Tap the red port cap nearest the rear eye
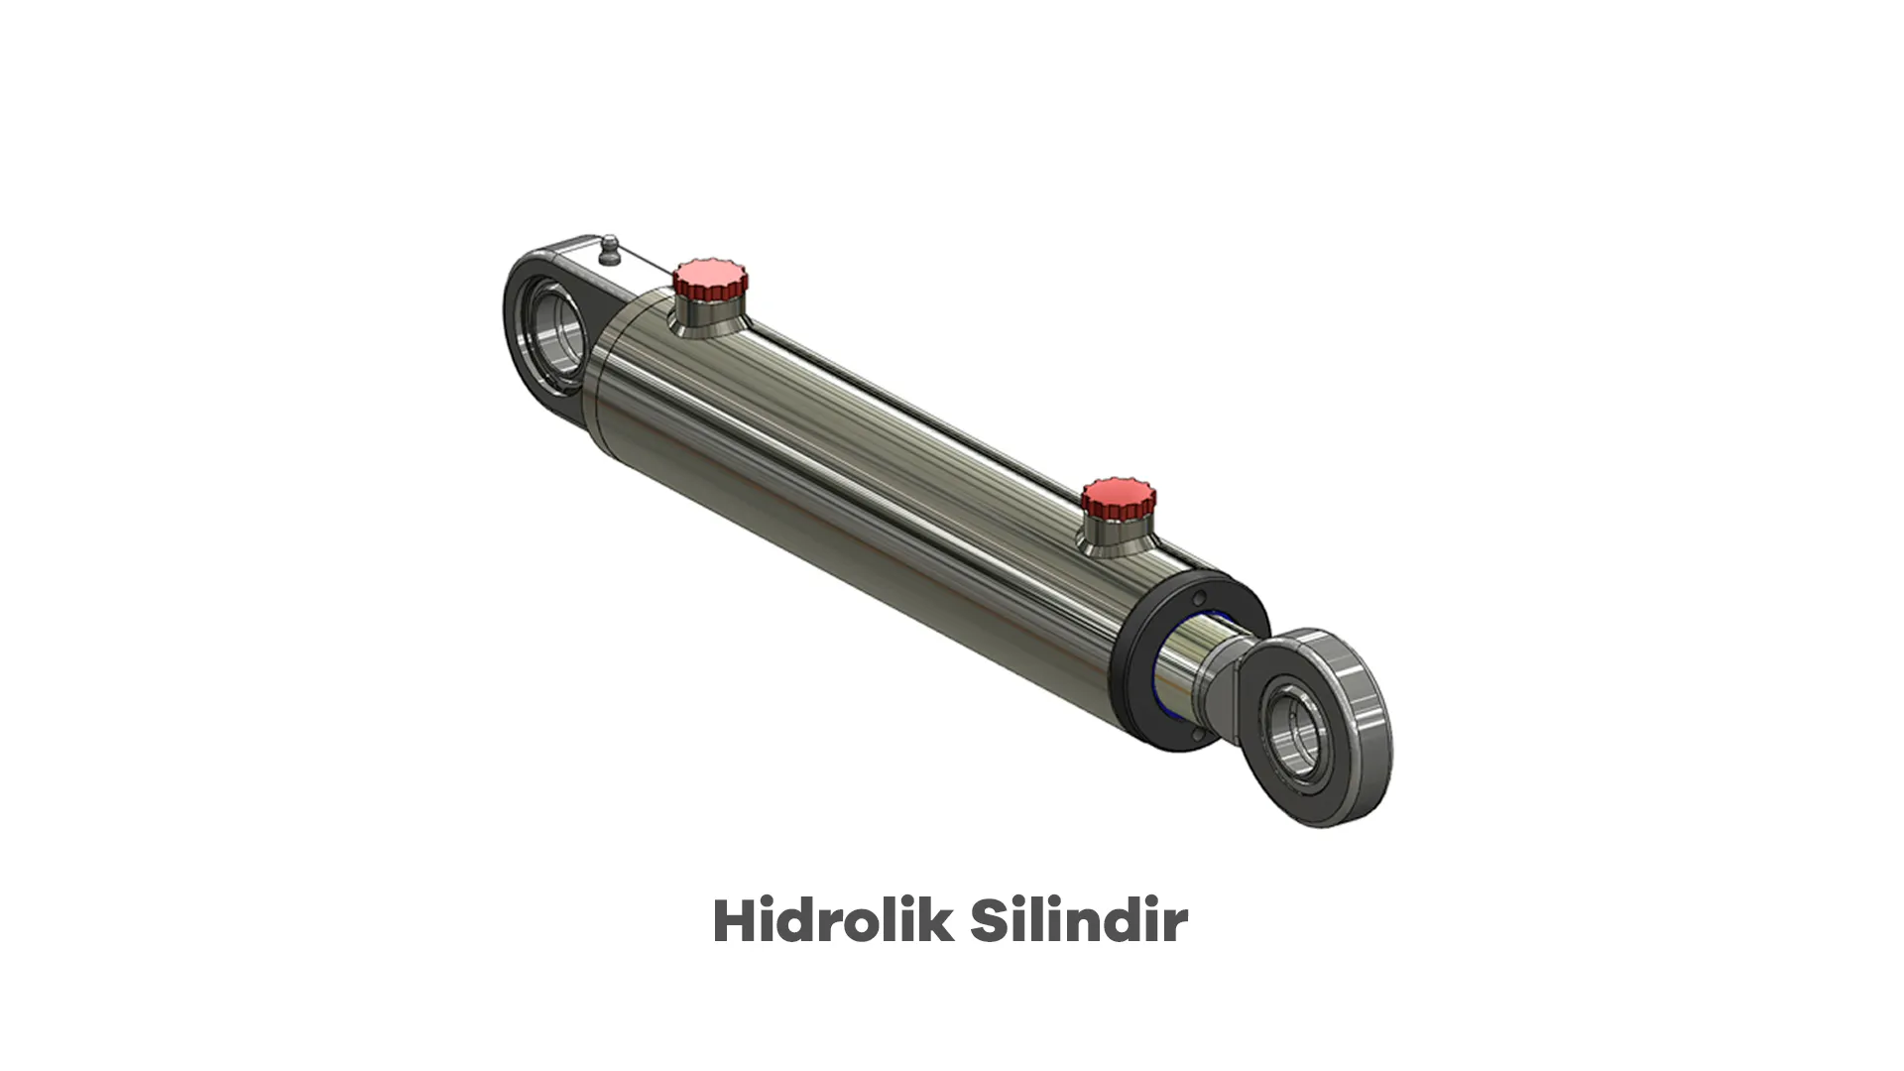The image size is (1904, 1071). (710, 281)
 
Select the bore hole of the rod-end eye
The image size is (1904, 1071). (1298, 735)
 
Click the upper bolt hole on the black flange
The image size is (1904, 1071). (1199, 598)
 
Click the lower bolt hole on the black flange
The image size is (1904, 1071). (1199, 735)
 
